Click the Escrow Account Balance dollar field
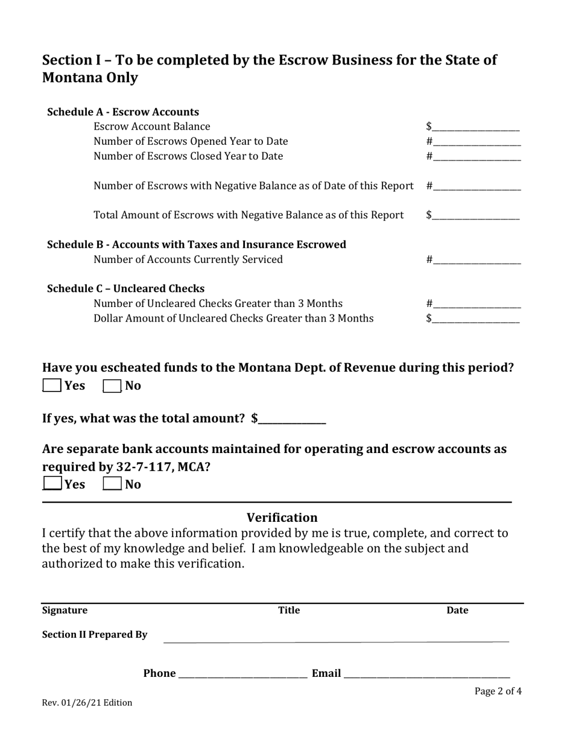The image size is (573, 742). pyautogui.click(x=475, y=127)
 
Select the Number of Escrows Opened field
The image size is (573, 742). pyautogui.click(x=476, y=141)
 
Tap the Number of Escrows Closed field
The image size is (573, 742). pyautogui.click(x=476, y=156)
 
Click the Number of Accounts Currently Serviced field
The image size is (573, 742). pyautogui.click(x=476, y=260)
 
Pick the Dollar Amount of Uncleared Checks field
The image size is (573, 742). pyautogui.click(x=475, y=319)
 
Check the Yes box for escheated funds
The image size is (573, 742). pyautogui.click(x=52, y=385)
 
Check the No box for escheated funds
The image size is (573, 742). pyautogui.click(x=112, y=385)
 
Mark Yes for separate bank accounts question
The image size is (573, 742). pyautogui.click(x=52, y=484)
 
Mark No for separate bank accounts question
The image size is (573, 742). pyautogui.click(x=112, y=484)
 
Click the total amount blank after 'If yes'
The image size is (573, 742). pyautogui.click(x=292, y=419)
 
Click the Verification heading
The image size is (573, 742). pyautogui.click(x=282, y=518)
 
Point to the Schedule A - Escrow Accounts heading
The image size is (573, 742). pyautogui.click(x=123, y=112)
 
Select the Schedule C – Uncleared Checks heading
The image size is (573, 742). pyautogui.click(x=125, y=288)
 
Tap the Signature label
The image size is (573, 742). pyautogui.click(x=65, y=610)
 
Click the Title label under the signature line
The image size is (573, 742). pyautogui.click(x=288, y=610)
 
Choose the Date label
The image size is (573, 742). pyautogui.click(x=457, y=610)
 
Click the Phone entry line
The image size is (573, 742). pyautogui.click(x=243, y=674)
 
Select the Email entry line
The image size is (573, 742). pyautogui.click(x=427, y=674)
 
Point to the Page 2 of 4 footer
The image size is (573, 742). pyautogui.click(x=498, y=691)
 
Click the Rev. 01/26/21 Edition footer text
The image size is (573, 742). pyautogui.click(x=87, y=703)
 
